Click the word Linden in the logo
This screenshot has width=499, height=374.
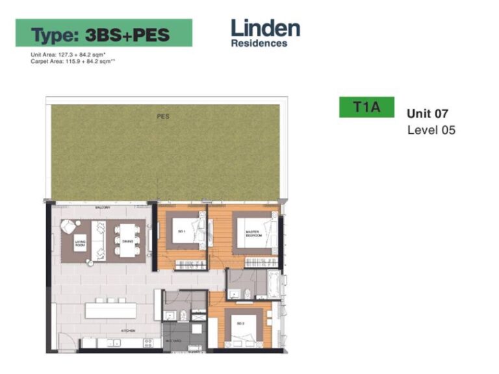(x=265, y=29)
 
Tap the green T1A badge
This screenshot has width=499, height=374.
(x=366, y=107)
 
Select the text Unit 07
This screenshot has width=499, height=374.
(x=427, y=113)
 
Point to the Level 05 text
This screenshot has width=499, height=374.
(x=431, y=130)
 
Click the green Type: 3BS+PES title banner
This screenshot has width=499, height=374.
(x=104, y=33)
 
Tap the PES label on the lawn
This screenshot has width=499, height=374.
(x=162, y=117)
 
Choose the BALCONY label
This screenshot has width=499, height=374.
(x=103, y=208)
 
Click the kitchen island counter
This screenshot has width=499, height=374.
(x=111, y=310)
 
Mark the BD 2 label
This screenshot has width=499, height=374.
(x=240, y=323)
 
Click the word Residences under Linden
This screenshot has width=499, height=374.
(x=259, y=44)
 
